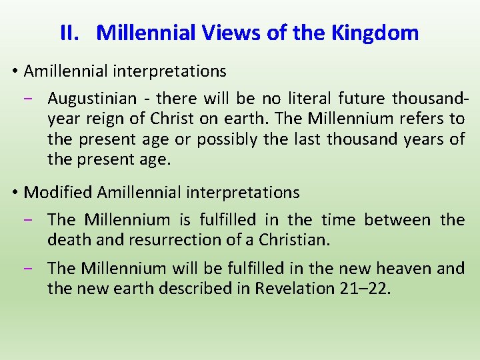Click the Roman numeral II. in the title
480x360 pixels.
pyautogui.click(x=69, y=33)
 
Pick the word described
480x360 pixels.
pyautogui.click(x=215, y=289)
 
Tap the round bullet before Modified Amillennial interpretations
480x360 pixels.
pyautogui.click(x=15, y=193)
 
